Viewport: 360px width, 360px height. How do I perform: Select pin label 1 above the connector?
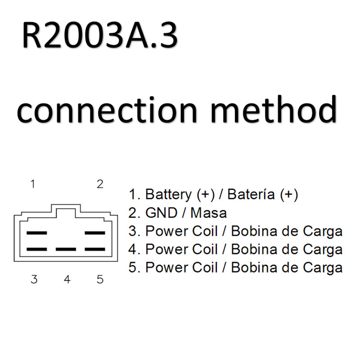click(33, 184)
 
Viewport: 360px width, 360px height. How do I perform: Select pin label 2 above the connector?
click(100, 184)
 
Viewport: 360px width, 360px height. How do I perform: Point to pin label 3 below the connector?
click(34, 279)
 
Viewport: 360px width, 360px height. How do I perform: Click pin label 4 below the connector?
click(67, 279)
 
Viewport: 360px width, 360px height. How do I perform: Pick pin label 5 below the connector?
click(100, 279)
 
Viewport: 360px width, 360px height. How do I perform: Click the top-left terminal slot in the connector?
click(37, 233)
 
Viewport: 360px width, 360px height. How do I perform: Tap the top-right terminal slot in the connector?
click(95, 233)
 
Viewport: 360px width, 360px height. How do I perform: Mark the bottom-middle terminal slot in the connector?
click(66, 249)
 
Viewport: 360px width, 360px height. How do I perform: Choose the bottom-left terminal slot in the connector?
click(37, 249)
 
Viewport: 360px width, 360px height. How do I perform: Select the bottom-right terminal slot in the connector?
click(95, 249)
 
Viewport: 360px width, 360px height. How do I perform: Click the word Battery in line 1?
click(168, 194)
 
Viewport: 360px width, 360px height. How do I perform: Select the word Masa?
click(209, 213)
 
